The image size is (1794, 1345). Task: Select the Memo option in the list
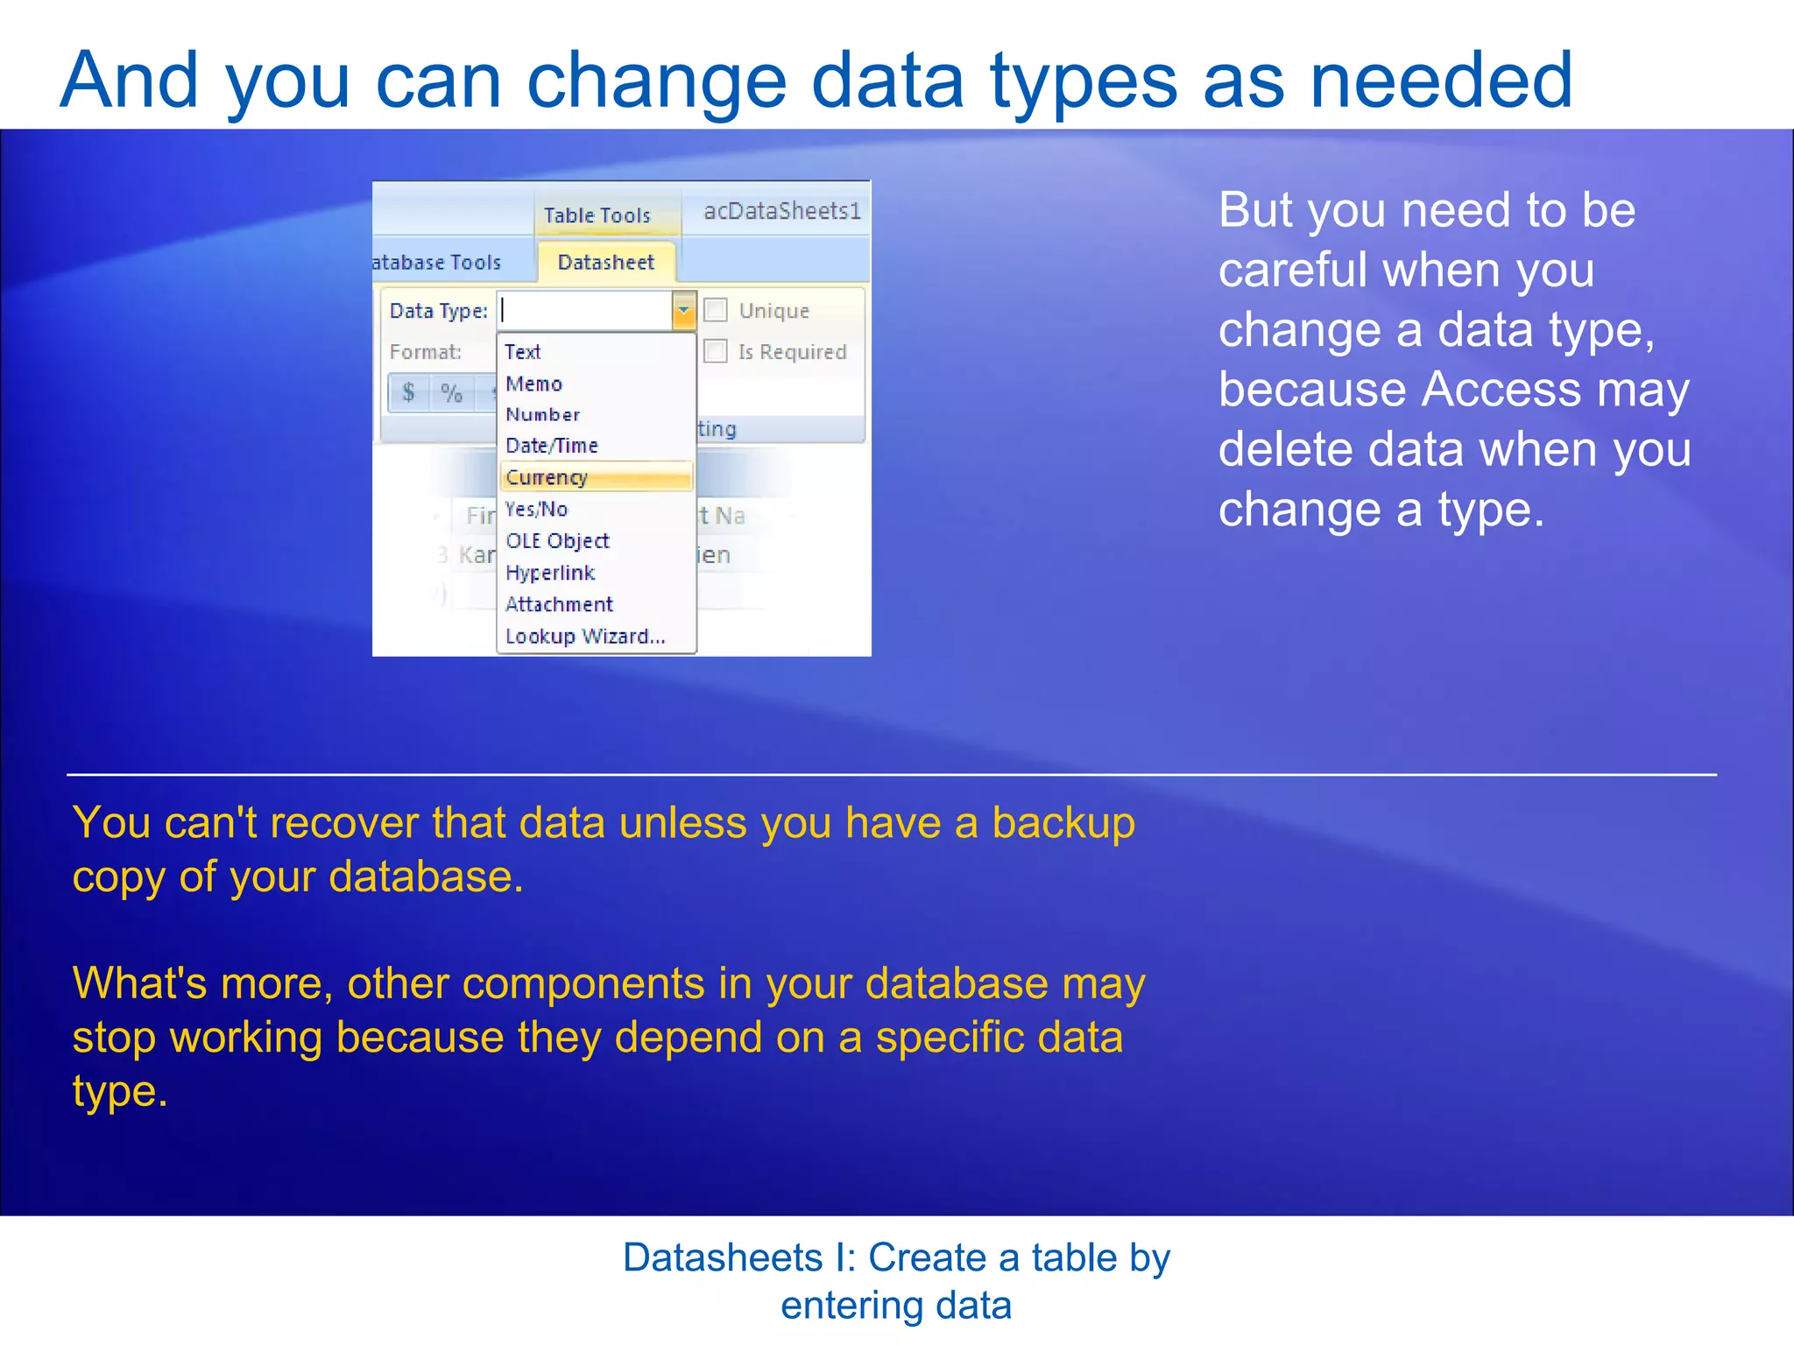pyautogui.click(x=533, y=384)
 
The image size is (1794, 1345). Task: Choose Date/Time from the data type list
pyautogui.click(x=552, y=446)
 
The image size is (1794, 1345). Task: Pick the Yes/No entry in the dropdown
pyautogui.click(x=536, y=509)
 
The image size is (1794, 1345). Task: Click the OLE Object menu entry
pyautogui.click(x=557, y=541)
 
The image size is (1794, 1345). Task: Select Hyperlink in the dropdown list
pyautogui.click(x=550, y=573)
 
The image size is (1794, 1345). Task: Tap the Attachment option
pyautogui.click(x=559, y=604)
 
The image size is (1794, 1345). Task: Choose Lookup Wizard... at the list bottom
pyautogui.click(x=585, y=637)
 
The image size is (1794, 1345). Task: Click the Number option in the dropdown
pyautogui.click(x=542, y=415)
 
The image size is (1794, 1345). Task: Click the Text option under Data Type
pyautogui.click(x=523, y=352)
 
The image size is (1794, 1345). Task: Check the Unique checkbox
pyautogui.click(x=716, y=310)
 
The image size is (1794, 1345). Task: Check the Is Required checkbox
pyautogui.click(x=716, y=351)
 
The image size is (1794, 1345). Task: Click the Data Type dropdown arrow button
pyautogui.click(x=684, y=310)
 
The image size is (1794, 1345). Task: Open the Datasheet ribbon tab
pyautogui.click(x=605, y=262)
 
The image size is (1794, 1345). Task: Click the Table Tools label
pyautogui.click(x=597, y=215)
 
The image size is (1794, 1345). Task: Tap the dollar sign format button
pyautogui.click(x=408, y=391)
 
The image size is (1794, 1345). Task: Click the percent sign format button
pyautogui.click(x=451, y=392)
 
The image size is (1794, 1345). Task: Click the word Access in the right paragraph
pyautogui.click(x=1501, y=389)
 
